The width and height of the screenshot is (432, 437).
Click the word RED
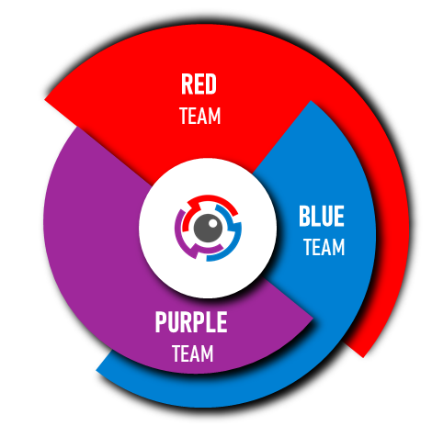(x=199, y=84)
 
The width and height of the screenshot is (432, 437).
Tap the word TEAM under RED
(x=200, y=116)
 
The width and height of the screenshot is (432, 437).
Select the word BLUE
(x=322, y=216)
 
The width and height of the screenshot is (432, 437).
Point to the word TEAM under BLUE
(x=324, y=247)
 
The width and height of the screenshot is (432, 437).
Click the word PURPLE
(x=191, y=321)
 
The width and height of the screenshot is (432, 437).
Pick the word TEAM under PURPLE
(x=193, y=353)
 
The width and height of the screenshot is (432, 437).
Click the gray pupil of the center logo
(x=208, y=228)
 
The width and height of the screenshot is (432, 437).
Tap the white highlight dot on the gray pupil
(x=212, y=222)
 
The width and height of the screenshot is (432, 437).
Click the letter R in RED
(x=187, y=84)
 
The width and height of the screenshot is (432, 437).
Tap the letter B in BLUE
(x=304, y=216)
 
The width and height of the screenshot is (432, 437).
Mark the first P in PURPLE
(x=161, y=321)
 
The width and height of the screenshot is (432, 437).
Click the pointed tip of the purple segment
(x=313, y=319)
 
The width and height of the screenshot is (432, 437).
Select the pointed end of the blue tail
(x=97, y=371)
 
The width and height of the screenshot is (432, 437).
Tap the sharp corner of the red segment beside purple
(x=45, y=99)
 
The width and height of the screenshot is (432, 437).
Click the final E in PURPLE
(x=222, y=321)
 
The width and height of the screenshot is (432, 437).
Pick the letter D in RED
(x=211, y=84)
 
